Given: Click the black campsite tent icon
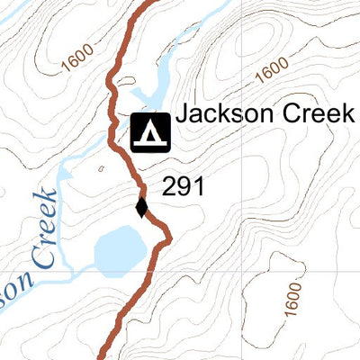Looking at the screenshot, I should click(151, 131).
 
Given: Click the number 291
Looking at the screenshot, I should click(184, 187).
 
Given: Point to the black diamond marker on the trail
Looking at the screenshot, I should click(141, 207).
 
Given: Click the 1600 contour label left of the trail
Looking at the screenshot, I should click(77, 59).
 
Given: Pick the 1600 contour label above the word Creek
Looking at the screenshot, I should click(271, 67).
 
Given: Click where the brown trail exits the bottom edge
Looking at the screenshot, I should click(107, 357).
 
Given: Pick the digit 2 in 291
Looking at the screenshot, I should click(168, 187).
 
